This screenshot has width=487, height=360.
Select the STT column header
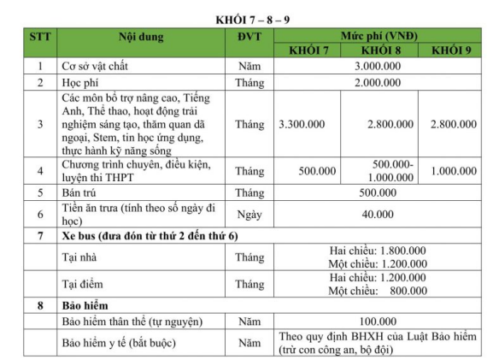coord(39,37)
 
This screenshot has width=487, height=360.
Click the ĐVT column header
coord(249,37)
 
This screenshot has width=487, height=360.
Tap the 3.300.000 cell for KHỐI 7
coord(302,124)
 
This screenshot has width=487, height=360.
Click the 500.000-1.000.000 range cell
coord(392,169)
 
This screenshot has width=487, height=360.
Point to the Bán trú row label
coord(81,192)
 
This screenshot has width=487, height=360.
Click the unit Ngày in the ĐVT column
coord(249,214)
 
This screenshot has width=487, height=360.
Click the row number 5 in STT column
coord(39,192)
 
